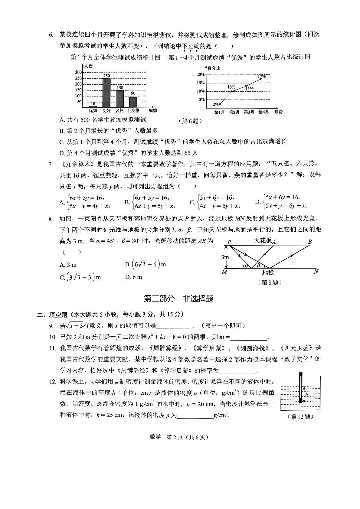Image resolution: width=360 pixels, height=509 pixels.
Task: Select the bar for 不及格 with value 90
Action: [x=133, y=102]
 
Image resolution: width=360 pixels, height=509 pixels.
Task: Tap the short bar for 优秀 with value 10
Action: [x=93, y=106]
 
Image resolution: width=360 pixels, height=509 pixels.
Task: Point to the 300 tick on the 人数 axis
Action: [x=78, y=72]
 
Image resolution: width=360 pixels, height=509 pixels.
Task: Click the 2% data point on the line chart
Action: [x=219, y=104]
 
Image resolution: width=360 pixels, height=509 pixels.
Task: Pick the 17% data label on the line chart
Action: [x=262, y=77]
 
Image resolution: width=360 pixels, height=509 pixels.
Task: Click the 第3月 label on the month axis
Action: [x=249, y=112]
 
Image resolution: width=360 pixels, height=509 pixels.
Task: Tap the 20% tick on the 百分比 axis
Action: [x=201, y=74]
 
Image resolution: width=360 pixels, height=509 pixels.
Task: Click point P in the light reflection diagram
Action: [x=229, y=242]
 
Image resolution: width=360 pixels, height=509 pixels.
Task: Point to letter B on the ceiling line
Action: [x=310, y=242]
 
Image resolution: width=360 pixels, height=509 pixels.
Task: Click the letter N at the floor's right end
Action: [x=316, y=272]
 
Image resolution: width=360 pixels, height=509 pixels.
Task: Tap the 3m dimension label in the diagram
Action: [x=225, y=257]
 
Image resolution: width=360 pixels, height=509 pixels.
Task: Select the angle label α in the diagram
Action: [x=245, y=266]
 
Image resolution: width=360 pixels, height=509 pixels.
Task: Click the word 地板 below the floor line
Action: [x=268, y=273]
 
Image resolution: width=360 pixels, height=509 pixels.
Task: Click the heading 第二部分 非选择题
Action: [x=178, y=299]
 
